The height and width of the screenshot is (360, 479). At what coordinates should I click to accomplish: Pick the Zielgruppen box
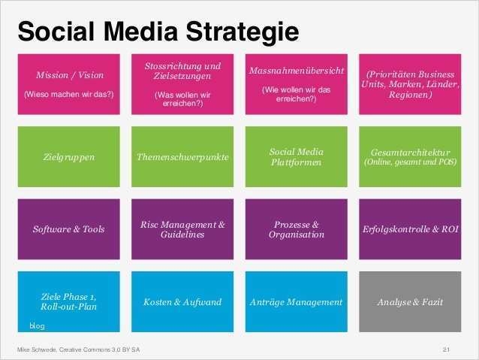click(x=69, y=157)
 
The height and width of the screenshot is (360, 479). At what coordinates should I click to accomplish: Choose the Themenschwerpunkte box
click(x=183, y=157)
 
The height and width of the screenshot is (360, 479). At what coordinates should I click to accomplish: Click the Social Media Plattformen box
click(x=296, y=157)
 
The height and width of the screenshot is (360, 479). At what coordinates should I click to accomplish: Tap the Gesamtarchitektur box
click(x=410, y=157)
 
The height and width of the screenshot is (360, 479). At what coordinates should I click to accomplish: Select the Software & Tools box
click(x=69, y=228)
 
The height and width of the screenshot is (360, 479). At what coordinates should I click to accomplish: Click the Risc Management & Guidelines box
click(x=183, y=228)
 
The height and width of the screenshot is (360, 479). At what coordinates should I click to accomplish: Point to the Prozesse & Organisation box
click(x=296, y=228)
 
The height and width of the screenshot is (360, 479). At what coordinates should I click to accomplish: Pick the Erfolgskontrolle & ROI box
click(x=410, y=228)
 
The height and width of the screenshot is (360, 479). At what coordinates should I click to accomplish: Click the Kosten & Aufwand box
click(x=183, y=301)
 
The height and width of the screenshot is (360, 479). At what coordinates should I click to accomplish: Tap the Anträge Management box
click(x=296, y=301)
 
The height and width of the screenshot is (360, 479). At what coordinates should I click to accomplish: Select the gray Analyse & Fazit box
click(x=410, y=301)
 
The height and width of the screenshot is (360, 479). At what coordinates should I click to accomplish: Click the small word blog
click(x=37, y=325)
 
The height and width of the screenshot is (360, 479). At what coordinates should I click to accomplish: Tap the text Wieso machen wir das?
click(x=69, y=94)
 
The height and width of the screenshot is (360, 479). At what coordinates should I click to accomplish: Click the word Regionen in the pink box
click(x=410, y=95)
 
